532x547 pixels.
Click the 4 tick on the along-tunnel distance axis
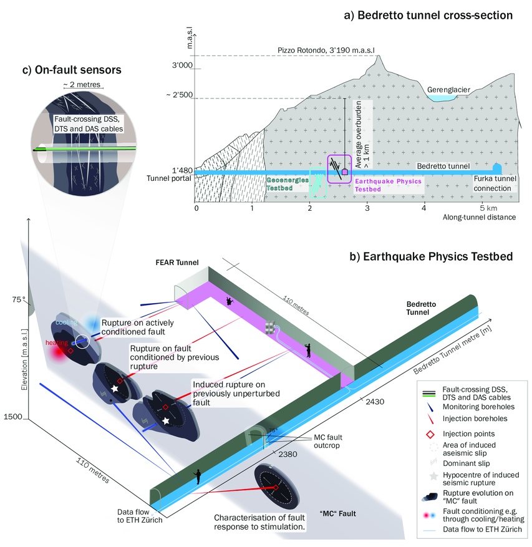pyautogui.click(x=424, y=208)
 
